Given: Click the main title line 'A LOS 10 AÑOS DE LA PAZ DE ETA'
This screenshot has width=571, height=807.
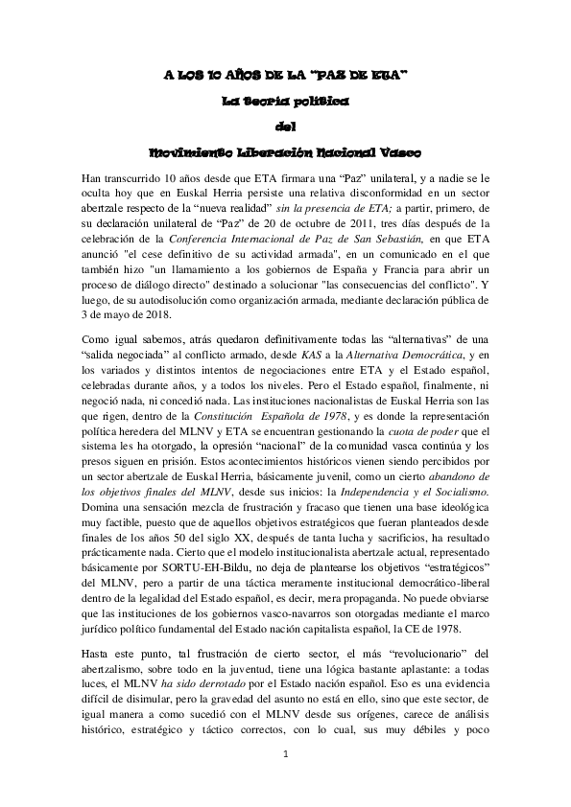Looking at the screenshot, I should [285, 74].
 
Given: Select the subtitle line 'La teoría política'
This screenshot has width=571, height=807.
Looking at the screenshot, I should [285, 100].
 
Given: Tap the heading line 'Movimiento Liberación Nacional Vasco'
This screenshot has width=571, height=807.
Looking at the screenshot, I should [285, 151].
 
